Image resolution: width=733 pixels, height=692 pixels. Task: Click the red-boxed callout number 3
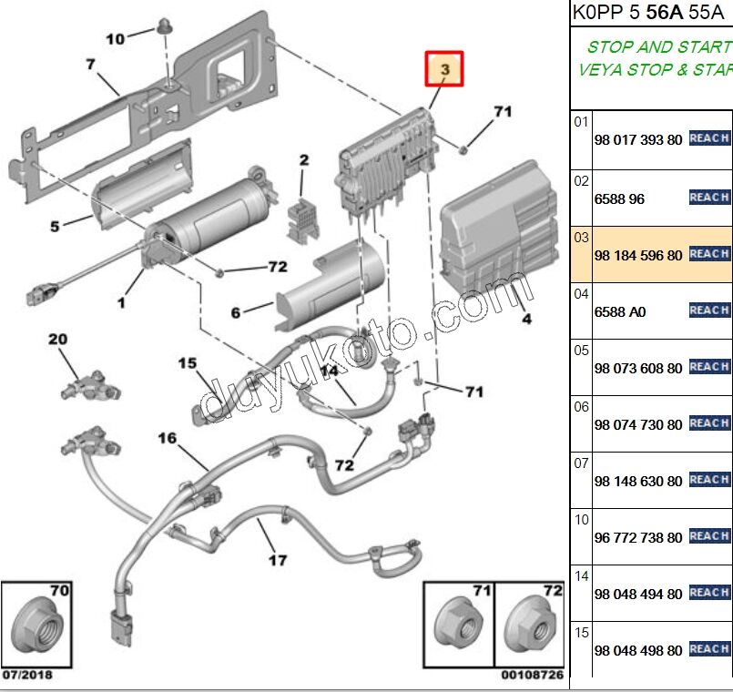click(x=445, y=69)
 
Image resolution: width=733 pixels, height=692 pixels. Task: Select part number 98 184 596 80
click(x=637, y=256)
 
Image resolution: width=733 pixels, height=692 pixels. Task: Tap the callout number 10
click(x=116, y=39)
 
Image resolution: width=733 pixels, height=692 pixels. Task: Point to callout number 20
click(x=58, y=340)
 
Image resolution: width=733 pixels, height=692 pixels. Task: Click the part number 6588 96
click(x=619, y=199)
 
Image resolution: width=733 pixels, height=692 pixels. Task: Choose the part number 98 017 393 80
click(x=637, y=141)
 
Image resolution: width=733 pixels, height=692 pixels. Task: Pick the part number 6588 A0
click(x=619, y=312)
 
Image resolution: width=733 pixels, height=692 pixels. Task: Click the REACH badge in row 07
click(x=709, y=480)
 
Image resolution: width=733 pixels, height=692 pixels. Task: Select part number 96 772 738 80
click(x=637, y=538)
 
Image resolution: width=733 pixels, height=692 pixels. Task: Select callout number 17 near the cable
click(x=278, y=560)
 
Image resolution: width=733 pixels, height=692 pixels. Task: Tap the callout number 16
click(x=167, y=439)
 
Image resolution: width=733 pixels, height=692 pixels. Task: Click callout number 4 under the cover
click(x=526, y=319)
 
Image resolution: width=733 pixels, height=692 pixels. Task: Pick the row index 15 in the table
click(x=581, y=631)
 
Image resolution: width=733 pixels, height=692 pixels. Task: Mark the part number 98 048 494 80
click(x=637, y=595)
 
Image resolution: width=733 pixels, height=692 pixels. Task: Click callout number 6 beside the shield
click(x=236, y=312)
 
